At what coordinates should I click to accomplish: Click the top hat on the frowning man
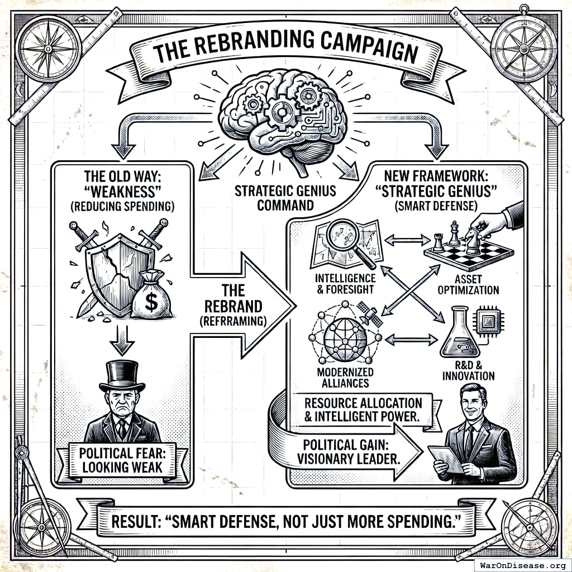tap(122, 375)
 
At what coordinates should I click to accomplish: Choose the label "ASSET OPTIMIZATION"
tap(468, 284)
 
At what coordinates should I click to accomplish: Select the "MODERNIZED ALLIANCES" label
tap(345, 378)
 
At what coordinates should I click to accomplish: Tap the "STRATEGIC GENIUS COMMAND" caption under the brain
tap(285, 198)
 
